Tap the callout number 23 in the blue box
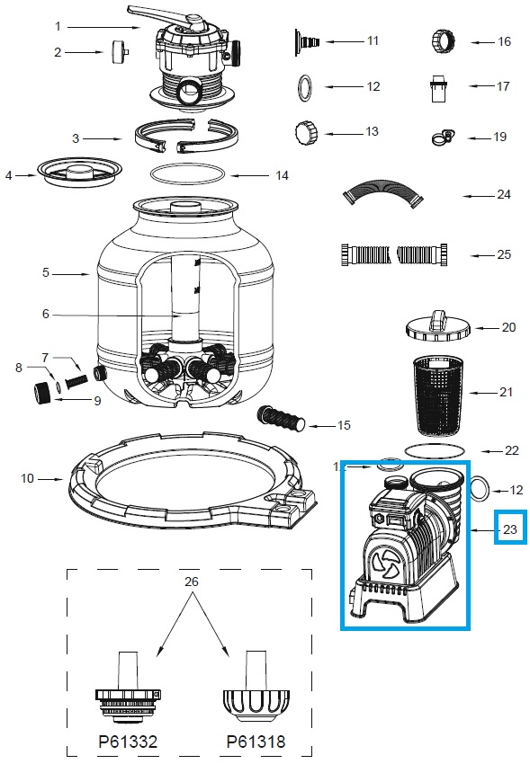[x=510, y=529]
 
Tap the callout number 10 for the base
[x=28, y=478]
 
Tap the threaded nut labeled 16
[x=444, y=41]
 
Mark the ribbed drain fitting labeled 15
[x=284, y=419]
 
